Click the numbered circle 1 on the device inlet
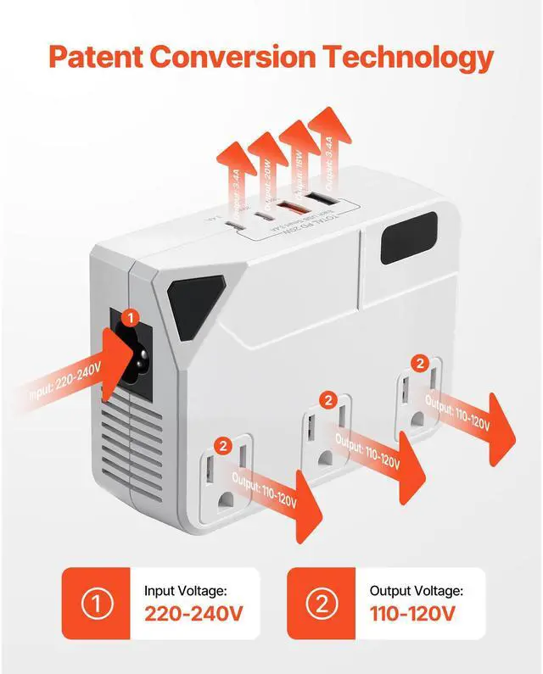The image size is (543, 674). pos(129,317)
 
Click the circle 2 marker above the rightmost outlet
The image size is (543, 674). pos(419,363)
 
